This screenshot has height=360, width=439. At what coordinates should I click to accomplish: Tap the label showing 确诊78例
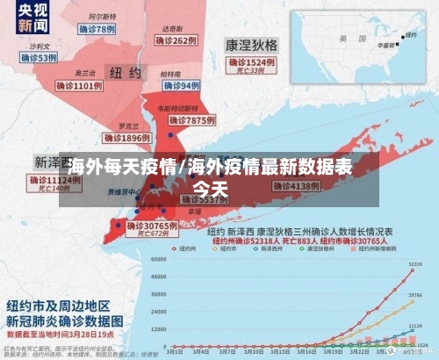pyautogui.click(x=97, y=29)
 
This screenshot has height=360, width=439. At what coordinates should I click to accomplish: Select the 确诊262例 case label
pyautogui.click(x=172, y=40)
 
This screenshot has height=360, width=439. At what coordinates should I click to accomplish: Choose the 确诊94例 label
pyautogui.click(x=181, y=85)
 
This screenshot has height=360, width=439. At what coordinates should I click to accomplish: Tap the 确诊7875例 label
pyautogui.click(x=191, y=119)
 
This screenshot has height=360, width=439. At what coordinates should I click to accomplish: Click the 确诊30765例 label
pyautogui.click(x=151, y=226)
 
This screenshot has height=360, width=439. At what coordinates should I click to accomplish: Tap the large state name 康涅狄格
pyautogui.click(x=252, y=43)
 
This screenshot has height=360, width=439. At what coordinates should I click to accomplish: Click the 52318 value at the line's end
pyautogui.click(x=414, y=263)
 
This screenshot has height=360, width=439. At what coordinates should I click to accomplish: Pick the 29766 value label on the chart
pyautogui.click(x=416, y=296)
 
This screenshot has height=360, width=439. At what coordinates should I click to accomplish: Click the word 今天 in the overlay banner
pyautogui.click(x=210, y=188)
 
